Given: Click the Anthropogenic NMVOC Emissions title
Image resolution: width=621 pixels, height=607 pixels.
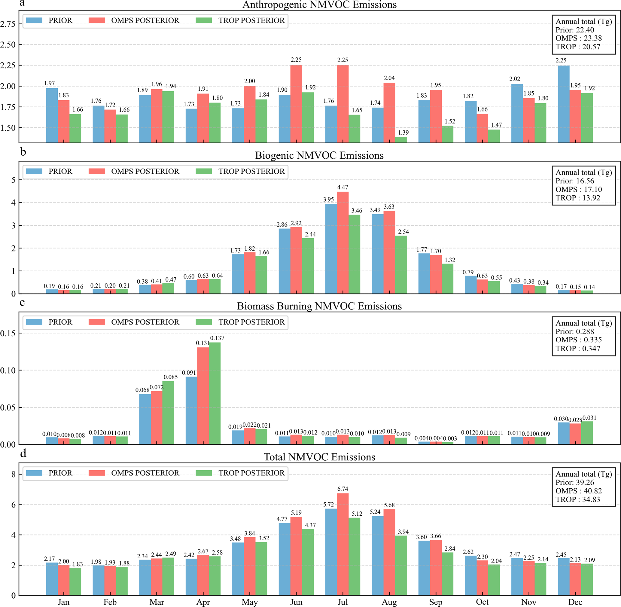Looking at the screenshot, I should (x=319, y=5).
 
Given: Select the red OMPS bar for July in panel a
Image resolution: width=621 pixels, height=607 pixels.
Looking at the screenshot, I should (x=343, y=104).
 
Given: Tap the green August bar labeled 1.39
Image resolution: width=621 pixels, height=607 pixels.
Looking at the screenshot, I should (x=401, y=140).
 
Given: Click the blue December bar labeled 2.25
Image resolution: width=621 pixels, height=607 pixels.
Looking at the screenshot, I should (x=563, y=104).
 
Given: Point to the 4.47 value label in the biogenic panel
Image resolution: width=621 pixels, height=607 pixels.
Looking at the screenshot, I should (x=343, y=188).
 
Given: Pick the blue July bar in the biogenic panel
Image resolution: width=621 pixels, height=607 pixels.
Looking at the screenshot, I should (x=331, y=249).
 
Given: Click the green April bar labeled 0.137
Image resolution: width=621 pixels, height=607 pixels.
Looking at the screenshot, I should (x=215, y=393).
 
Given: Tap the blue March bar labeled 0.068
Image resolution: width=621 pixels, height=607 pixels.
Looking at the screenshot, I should (x=145, y=419).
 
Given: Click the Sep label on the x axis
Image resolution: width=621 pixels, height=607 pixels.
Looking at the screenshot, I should (x=435, y=602).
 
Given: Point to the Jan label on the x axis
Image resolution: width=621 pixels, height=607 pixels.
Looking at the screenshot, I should (x=63, y=602).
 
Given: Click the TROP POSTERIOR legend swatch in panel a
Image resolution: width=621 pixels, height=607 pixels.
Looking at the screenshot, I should (x=204, y=20).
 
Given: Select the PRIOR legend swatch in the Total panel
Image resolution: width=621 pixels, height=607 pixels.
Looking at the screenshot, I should (x=34, y=473).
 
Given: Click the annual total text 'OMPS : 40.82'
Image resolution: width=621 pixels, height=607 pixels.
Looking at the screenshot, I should (x=578, y=491).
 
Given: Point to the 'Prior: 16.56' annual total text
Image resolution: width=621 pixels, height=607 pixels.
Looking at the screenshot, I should (x=574, y=181).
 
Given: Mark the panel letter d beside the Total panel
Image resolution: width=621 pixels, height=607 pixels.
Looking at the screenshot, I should (x=23, y=454).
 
